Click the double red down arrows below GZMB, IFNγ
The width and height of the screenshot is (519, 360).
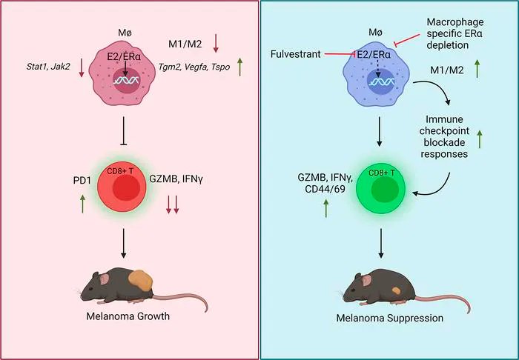point(172,204)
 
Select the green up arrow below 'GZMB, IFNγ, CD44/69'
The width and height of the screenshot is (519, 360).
point(325,207)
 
